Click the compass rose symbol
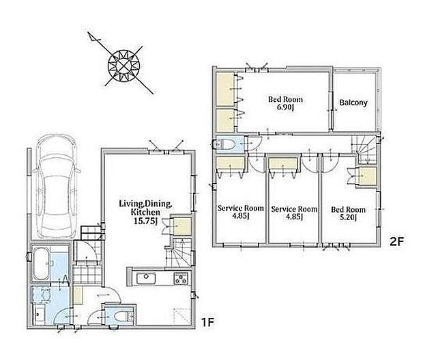tap(123, 66)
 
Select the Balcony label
tap(353, 103)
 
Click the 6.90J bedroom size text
tap(285, 107)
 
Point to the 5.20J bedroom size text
tap(348, 217)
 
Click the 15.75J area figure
tap(145, 221)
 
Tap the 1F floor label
tap(207, 322)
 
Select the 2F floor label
tap(396, 241)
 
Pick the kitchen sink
tap(146, 278)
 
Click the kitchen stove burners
tap(181, 278)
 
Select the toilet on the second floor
tap(224, 144)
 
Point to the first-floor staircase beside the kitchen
tap(179, 253)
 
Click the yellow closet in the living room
tap(182, 226)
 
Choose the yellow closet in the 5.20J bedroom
tap(368, 176)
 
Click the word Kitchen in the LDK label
tap(145, 212)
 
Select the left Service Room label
tap(241, 209)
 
